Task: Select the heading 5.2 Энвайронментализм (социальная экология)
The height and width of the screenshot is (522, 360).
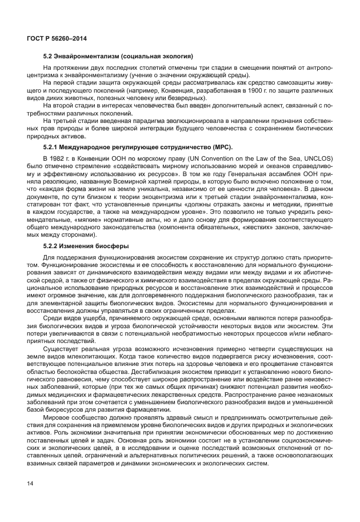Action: [118, 57]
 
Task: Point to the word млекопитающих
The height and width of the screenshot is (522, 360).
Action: [82, 354]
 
